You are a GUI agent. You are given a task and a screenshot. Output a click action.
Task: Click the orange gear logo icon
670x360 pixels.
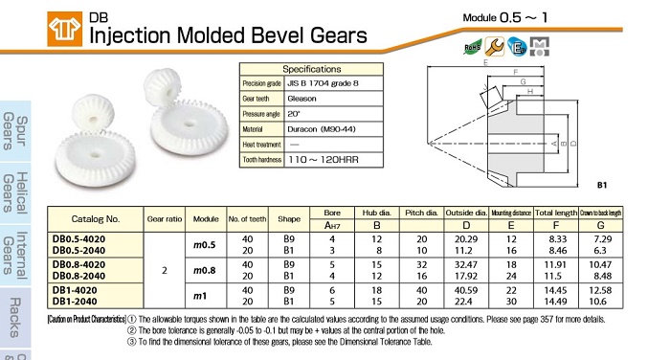point(64,29)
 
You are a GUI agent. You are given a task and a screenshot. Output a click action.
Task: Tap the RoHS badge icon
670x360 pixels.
point(472,47)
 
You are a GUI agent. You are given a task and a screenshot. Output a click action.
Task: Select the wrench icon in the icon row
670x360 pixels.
point(495,47)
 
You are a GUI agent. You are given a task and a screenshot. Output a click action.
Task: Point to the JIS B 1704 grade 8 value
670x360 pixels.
point(323,83)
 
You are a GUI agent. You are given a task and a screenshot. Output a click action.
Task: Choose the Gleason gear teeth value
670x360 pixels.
point(301,99)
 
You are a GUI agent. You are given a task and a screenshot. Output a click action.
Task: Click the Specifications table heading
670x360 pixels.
point(311,69)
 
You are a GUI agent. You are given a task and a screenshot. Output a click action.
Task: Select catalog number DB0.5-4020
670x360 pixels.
point(78,239)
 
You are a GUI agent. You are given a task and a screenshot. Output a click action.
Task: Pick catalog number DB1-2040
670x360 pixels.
point(75,302)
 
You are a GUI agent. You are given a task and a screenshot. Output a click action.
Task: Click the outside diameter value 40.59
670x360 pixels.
point(466,290)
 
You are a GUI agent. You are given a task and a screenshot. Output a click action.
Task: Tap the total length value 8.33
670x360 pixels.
point(556,239)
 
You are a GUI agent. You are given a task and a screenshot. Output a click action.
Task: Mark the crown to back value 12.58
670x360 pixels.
point(600,290)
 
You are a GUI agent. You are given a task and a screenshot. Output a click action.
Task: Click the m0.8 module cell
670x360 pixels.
point(204,270)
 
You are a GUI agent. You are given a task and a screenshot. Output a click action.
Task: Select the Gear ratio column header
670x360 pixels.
point(165,219)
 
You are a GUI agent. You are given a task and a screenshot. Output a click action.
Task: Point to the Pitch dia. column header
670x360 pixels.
point(421,213)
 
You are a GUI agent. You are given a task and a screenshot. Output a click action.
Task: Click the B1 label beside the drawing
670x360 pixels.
point(602,185)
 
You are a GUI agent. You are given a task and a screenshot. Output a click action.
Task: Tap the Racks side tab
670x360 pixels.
point(15,317)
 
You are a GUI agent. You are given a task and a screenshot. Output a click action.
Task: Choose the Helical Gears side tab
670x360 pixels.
point(15,192)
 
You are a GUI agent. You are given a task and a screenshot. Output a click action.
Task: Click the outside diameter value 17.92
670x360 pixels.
point(466,276)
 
